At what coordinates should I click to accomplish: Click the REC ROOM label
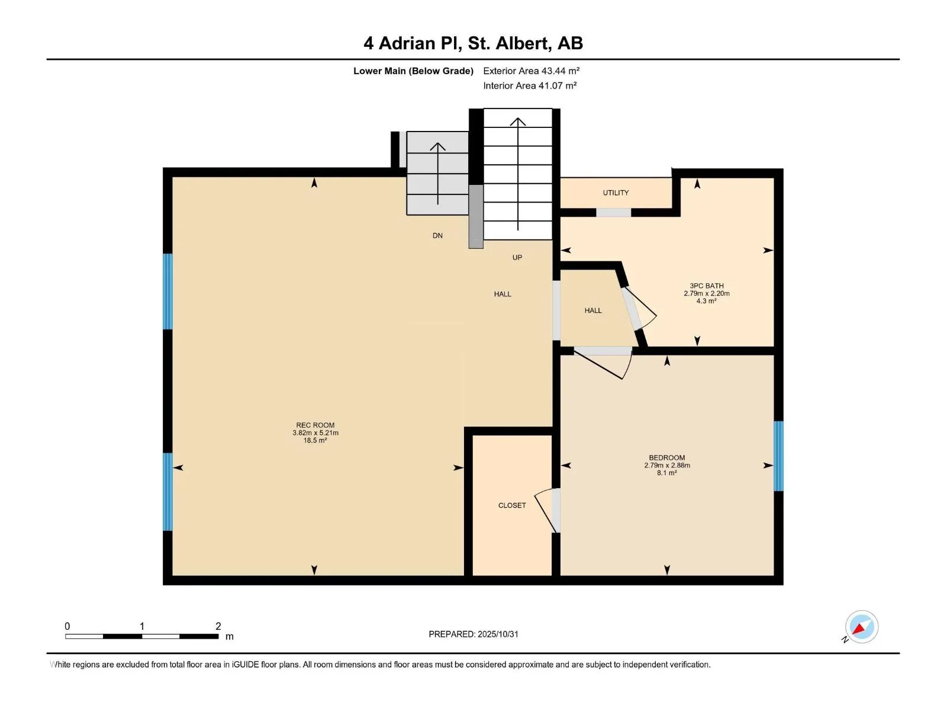point(315,425)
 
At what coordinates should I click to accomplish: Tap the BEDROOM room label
point(666,457)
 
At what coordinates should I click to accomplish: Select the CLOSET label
point(512,505)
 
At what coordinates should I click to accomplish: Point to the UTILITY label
point(616,193)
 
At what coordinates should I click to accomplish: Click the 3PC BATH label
point(706,286)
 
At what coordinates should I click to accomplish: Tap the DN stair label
point(437,235)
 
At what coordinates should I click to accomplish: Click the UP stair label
point(517,257)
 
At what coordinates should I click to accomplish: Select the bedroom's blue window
point(778,456)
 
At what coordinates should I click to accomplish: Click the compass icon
point(861,627)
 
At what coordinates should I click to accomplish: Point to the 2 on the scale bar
point(218,626)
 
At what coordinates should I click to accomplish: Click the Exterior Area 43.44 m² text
point(531,71)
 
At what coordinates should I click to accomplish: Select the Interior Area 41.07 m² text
point(530,85)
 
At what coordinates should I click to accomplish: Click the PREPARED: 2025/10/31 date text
point(473,634)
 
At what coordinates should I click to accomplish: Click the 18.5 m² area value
point(315,440)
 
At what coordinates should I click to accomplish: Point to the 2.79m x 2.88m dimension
point(666,465)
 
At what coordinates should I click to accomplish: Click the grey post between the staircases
point(476,216)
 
